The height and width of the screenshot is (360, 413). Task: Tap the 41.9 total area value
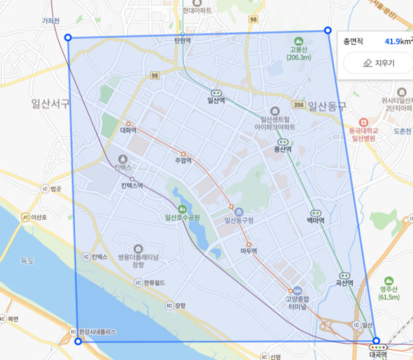pyautogui.click(x=393, y=41)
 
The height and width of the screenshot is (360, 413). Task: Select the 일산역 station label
pyautogui.click(x=216, y=100)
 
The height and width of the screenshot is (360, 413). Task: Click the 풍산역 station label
pyautogui.click(x=283, y=149)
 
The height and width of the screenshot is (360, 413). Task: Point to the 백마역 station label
pyautogui.click(x=316, y=221)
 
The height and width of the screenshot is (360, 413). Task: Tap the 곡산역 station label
pyautogui.click(x=344, y=283)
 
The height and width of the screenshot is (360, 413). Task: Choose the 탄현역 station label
pyautogui.click(x=182, y=41)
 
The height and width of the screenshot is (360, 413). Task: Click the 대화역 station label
pyautogui.click(x=128, y=130)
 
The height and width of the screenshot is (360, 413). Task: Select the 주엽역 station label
pyautogui.click(x=183, y=161)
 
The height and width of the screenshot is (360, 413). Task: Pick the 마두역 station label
pyautogui.click(x=248, y=251)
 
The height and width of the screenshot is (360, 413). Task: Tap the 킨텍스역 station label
pyautogui.click(x=132, y=186)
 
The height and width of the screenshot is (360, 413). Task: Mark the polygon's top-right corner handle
pyautogui.click(x=327, y=30)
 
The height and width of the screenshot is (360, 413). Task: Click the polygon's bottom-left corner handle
pyautogui.click(x=78, y=341)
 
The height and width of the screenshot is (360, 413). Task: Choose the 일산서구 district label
pyautogui.click(x=50, y=104)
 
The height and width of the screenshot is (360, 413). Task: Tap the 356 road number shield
pyautogui.click(x=298, y=105)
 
